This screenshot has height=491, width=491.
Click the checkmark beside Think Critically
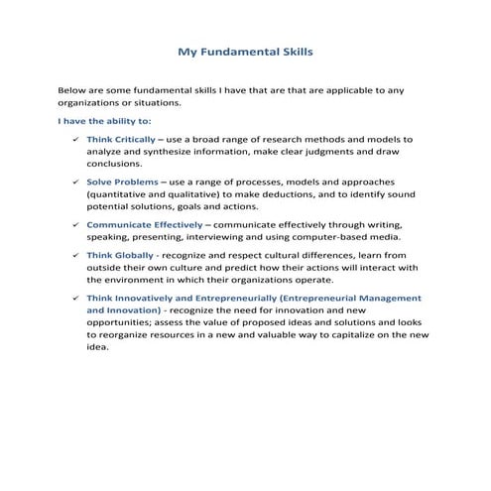pos(75,140)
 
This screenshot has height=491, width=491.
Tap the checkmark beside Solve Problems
pos(75,183)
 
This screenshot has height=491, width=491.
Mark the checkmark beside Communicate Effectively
pos(75,225)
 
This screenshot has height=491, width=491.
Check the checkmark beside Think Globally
pos(75,254)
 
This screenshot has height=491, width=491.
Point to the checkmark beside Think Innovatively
pos(75,297)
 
